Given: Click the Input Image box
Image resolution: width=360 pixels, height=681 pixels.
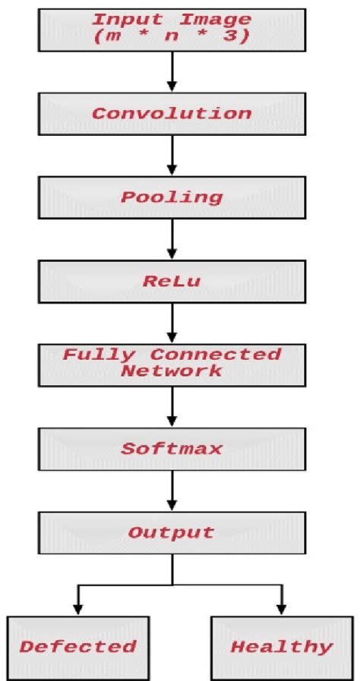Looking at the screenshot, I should (172, 27).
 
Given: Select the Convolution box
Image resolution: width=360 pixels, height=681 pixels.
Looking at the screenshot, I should (172, 113).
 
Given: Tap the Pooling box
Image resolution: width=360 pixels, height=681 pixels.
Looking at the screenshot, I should (172, 197).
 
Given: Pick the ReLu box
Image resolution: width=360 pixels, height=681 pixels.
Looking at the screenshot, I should (172, 280).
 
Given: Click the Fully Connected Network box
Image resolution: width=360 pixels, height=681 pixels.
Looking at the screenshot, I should (172, 363).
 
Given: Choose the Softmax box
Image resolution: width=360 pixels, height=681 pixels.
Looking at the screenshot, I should (172, 449).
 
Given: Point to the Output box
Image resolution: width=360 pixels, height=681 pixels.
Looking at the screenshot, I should (172, 532).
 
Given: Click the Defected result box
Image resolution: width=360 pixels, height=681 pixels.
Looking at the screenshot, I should (77, 646).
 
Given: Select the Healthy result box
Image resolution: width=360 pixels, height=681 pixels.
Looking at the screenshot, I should (281, 646).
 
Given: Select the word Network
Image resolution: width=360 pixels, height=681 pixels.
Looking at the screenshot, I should (172, 370).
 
